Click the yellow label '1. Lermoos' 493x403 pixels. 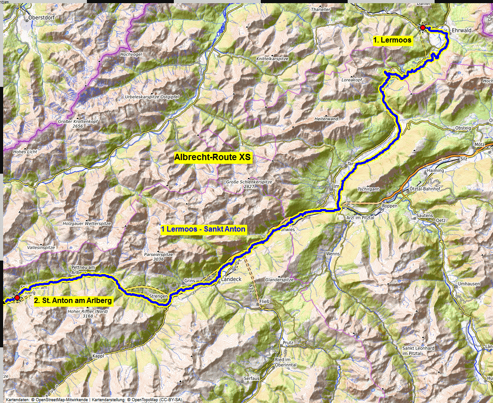pos(392,41)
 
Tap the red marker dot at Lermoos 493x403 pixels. pos(422,28)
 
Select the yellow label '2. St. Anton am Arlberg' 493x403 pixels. pos(73,300)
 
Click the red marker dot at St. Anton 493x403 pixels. pos(17,298)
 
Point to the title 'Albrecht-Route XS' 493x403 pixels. pos(212,158)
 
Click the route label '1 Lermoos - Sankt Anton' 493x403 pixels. pos(203,229)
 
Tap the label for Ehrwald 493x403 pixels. pos(462,30)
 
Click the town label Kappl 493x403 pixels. pos(98,356)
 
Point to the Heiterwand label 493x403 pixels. pos(326,119)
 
